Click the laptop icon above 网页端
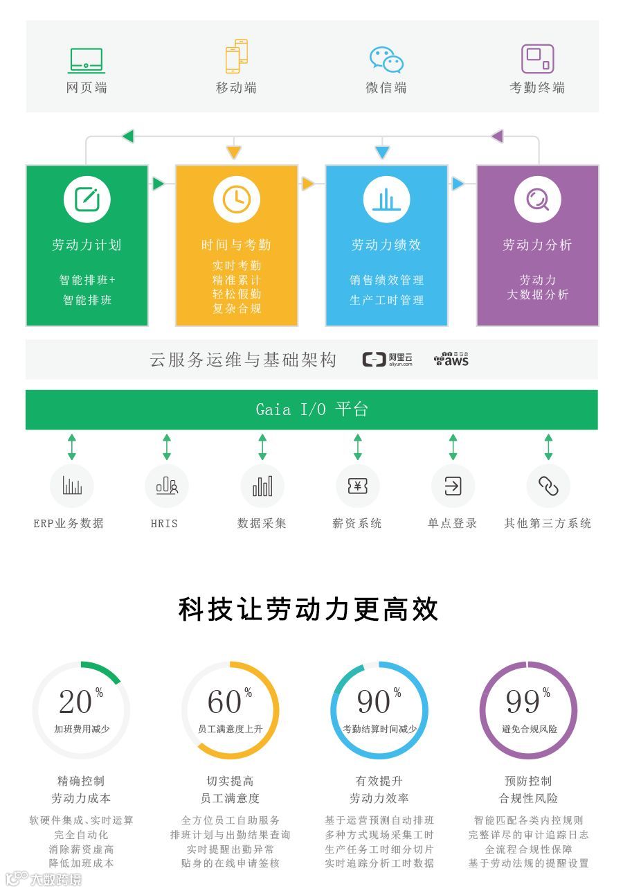coord(87,60)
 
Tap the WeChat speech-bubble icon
coord(386,60)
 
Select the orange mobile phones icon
coord(236,56)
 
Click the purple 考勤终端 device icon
coord(537,59)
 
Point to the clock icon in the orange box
coord(236,200)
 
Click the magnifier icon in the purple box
coord(537,200)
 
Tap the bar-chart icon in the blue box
coord(386,200)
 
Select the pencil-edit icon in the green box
coord(87,200)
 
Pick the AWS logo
coord(451,360)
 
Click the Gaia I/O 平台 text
coord(311,409)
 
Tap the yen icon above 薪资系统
coord(357,486)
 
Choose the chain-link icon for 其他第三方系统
coord(548,486)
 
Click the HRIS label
coord(165,524)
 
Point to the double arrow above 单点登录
coord(453,448)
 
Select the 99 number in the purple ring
coord(524,702)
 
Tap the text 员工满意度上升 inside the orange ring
coord(231,729)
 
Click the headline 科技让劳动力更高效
coord(309,609)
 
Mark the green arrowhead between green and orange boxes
coord(159,184)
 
